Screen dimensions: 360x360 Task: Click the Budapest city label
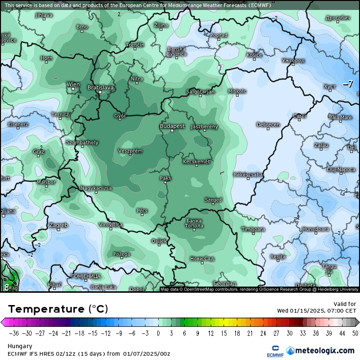(x=172, y=126)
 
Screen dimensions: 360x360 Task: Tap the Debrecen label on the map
(x=268, y=125)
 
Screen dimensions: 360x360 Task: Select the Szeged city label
(x=213, y=200)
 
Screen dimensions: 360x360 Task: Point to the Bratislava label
(x=101, y=88)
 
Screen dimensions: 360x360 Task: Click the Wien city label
(x=73, y=84)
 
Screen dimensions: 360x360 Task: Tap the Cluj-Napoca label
(x=341, y=169)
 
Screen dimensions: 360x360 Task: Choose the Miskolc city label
(x=237, y=91)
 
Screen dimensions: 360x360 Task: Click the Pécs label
(x=142, y=210)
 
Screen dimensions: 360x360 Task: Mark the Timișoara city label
(x=253, y=229)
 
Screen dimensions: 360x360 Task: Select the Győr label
(x=119, y=116)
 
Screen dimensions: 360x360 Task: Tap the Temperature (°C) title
(x=58, y=309)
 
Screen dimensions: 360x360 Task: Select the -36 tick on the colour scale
(x=13, y=333)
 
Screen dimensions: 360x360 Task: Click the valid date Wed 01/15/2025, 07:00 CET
(x=316, y=311)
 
